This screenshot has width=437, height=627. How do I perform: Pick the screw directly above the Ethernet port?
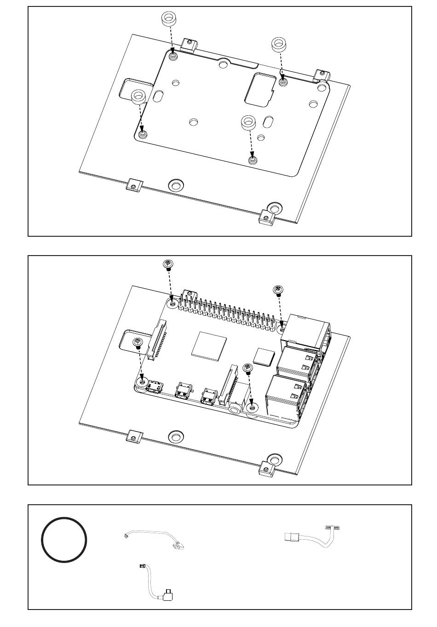tap(278, 291)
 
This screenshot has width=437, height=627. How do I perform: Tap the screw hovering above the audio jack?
tap(248, 368)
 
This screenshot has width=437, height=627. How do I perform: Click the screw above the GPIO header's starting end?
tap(168, 265)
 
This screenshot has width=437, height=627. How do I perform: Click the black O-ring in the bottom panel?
tap(64, 539)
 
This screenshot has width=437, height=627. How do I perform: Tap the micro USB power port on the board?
tap(155, 385)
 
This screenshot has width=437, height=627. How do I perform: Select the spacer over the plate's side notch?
tap(138, 97)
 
